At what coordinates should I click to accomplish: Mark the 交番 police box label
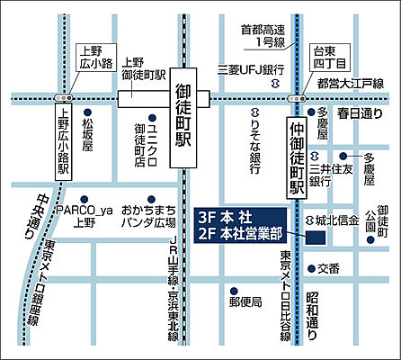click(328, 268)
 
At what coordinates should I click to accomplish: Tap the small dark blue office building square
click(316, 238)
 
